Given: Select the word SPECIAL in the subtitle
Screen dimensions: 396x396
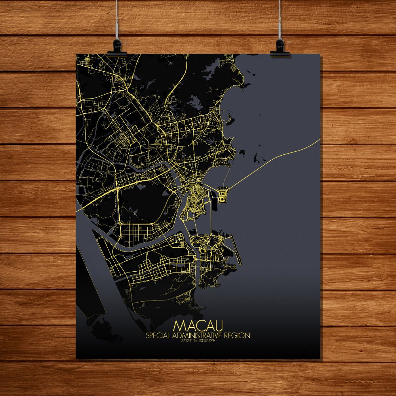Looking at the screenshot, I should click(158, 336).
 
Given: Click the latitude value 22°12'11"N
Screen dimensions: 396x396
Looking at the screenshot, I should click(188, 341).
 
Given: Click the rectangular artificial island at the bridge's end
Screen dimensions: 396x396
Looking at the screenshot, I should click(223, 194).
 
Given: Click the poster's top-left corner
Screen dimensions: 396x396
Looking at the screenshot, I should click(76, 54).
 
